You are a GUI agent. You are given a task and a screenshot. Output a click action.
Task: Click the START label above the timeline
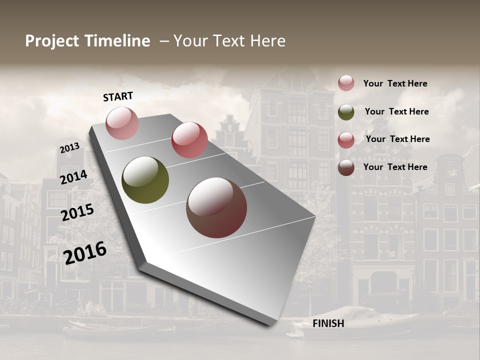(x=118, y=96)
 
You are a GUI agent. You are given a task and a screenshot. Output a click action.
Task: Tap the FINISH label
(x=328, y=323)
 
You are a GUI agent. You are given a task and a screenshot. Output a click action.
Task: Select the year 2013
(x=69, y=148)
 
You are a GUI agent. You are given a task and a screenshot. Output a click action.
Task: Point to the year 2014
(x=73, y=177)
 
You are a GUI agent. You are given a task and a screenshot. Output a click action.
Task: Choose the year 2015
(x=77, y=212)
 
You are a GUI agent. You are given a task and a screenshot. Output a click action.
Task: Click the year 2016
(x=85, y=252)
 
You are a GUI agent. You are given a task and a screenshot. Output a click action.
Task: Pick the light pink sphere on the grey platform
(x=122, y=123)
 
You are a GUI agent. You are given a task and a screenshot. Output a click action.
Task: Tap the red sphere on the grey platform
(x=189, y=140)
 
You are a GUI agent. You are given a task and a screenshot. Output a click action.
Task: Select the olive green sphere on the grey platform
(x=145, y=180)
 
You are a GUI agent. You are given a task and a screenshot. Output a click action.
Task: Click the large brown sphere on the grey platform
(x=216, y=207)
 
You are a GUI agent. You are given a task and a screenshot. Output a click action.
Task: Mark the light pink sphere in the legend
(x=346, y=83)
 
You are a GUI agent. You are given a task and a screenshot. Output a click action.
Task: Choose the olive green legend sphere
(x=346, y=112)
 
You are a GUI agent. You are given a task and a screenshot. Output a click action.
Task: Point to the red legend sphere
(x=346, y=140)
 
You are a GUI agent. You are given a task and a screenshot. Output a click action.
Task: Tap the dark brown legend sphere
(x=346, y=167)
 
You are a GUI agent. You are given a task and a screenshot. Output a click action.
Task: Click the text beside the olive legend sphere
(x=396, y=111)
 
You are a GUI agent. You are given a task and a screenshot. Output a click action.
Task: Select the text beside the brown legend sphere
(x=395, y=167)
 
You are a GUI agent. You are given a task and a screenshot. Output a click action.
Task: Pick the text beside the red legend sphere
(x=397, y=139)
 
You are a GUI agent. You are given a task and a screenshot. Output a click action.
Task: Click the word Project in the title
(x=52, y=41)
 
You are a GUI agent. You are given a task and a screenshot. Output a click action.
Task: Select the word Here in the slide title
(x=267, y=41)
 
